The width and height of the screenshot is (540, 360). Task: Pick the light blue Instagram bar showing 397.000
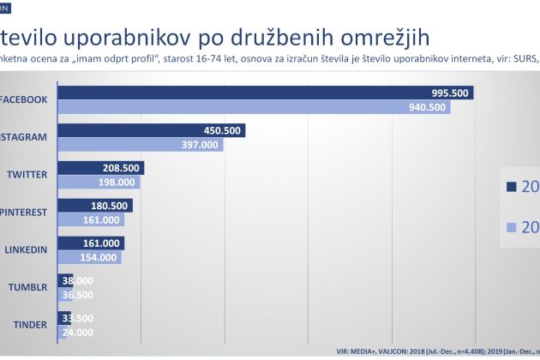point(141,145)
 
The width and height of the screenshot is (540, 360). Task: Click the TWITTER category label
point(27,174)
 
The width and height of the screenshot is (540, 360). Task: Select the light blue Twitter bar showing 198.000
point(99,182)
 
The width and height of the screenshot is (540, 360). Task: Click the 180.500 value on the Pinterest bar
point(108,206)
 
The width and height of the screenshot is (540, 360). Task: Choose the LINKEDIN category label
point(27,249)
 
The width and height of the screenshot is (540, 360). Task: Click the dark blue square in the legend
point(512,188)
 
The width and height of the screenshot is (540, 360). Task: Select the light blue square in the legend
point(512,227)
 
